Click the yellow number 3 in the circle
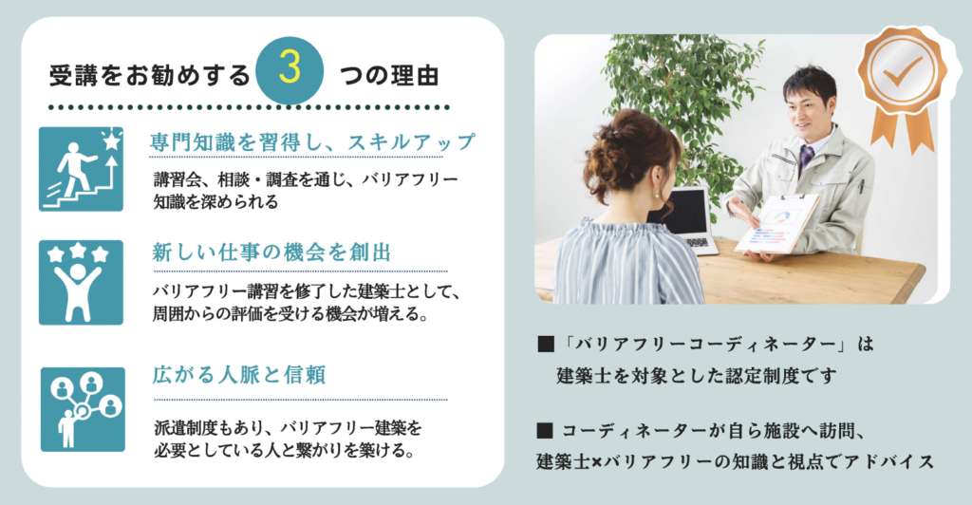pyautogui.click(x=290, y=68)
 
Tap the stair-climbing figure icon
pyautogui.click(x=82, y=169)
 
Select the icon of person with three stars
pyautogui.click(x=82, y=283)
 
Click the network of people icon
pyautogui.click(x=84, y=409)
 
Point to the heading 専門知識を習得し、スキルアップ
pyautogui.click(x=311, y=141)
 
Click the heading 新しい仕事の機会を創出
pyautogui.click(x=271, y=252)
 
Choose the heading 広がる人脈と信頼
pyautogui.click(x=238, y=375)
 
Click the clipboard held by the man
pyautogui.click(x=777, y=224)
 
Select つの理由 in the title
pyautogui.click(x=389, y=76)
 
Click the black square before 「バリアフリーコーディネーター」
pyautogui.click(x=546, y=344)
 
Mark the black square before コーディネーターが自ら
pyautogui.click(x=546, y=430)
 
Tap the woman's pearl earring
pyautogui.click(x=657, y=194)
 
